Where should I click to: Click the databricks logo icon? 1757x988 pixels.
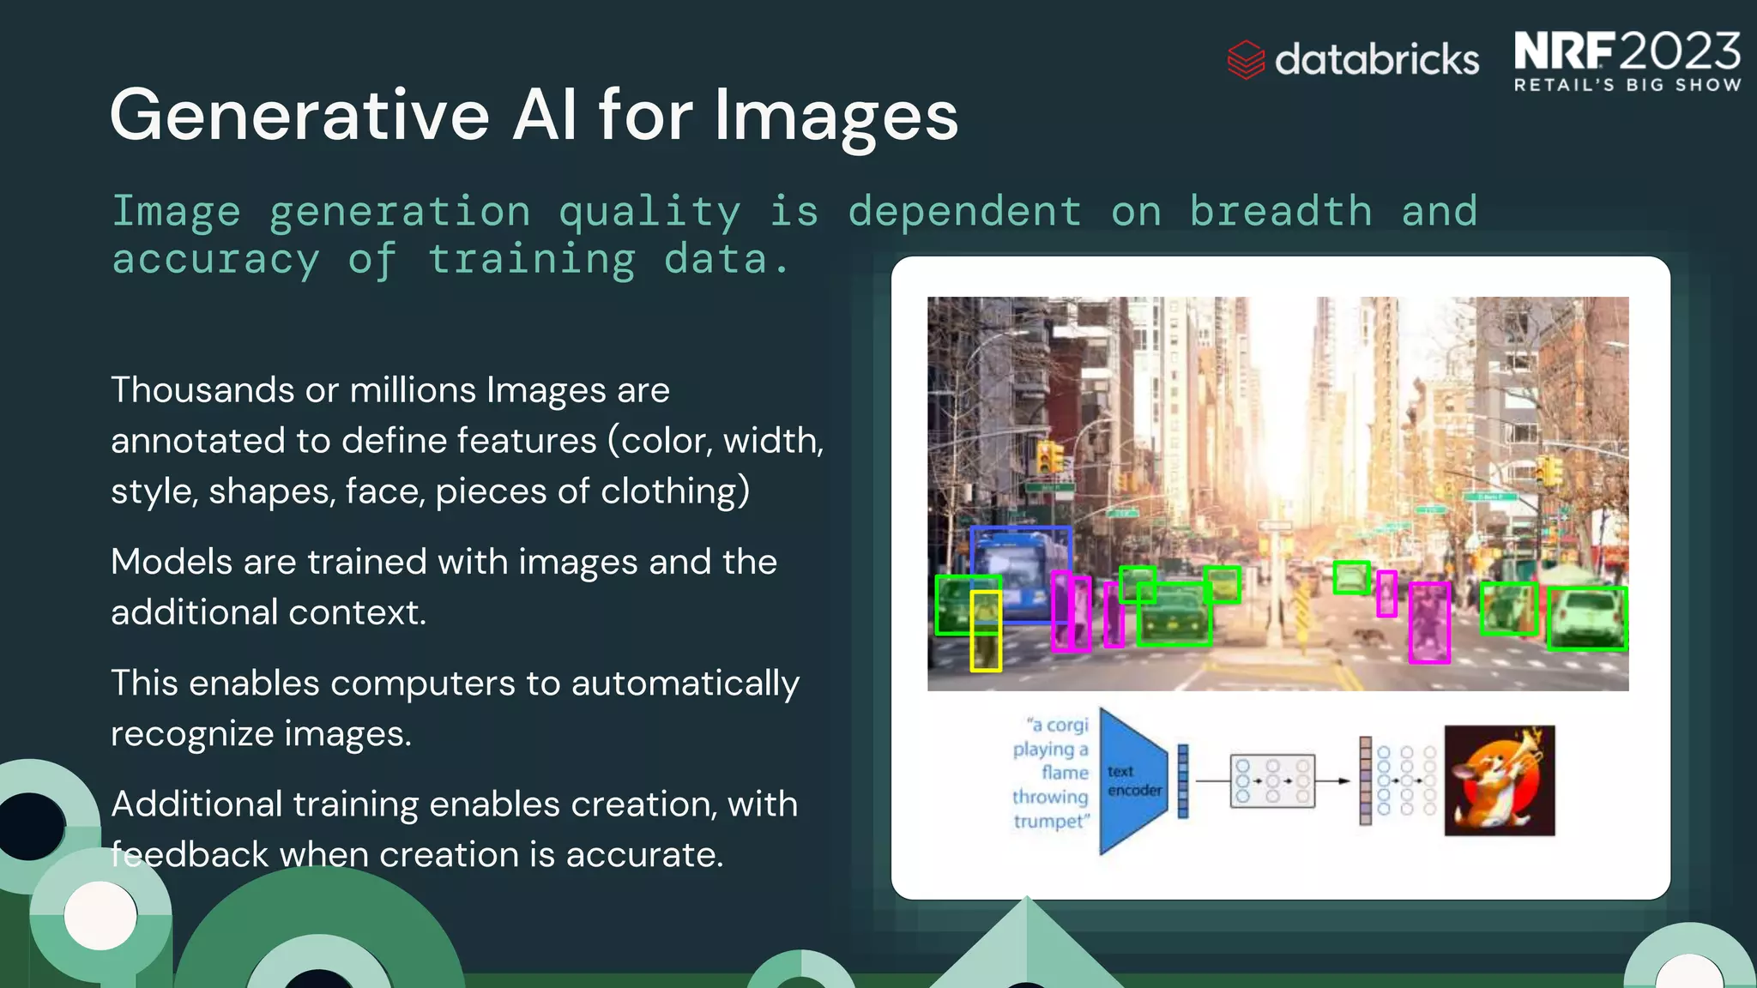[x=1246, y=60]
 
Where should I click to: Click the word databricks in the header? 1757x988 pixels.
[x=1376, y=60]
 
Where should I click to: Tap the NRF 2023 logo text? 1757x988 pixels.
[x=1627, y=51]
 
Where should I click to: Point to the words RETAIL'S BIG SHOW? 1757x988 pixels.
[x=1627, y=85]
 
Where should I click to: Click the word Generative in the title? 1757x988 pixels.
[x=299, y=116]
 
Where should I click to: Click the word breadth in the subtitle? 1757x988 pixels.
[x=1280, y=211]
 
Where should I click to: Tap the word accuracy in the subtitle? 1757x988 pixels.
[x=215, y=259]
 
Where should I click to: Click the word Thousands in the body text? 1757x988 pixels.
[x=202, y=390]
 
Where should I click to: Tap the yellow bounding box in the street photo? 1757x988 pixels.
[x=986, y=630]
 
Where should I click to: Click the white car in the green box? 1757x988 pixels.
[x=1587, y=617]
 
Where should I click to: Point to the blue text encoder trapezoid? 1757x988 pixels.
[x=1132, y=780]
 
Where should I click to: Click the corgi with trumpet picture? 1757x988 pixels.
[x=1499, y=780]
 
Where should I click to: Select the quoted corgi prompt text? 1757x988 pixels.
[x=1052, y=772]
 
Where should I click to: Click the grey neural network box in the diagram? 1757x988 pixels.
[x=1271, y=780]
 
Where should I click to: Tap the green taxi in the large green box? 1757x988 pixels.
[x=1174, y=614]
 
